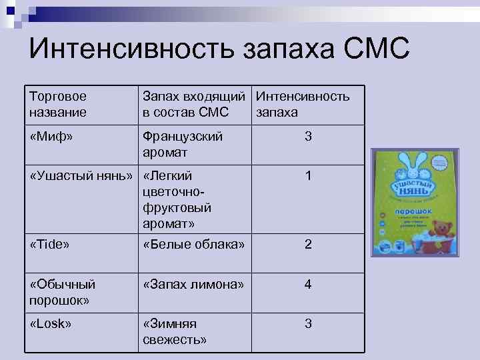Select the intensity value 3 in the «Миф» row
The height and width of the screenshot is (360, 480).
click(307, 137)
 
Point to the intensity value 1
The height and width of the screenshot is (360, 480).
click(307, 176)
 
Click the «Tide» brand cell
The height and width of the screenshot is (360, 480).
click(50, 244)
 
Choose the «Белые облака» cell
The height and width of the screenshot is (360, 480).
click(193, 244)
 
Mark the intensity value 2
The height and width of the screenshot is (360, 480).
click(307, 244)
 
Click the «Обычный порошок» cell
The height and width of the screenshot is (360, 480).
click(63, 291)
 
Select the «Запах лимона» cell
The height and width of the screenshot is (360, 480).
click(193, 284)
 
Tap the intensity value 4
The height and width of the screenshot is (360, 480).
click(307, 284)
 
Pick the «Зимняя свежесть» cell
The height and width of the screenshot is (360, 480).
click(175, 331)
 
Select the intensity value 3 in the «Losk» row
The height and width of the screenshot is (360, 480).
click(307, 323)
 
